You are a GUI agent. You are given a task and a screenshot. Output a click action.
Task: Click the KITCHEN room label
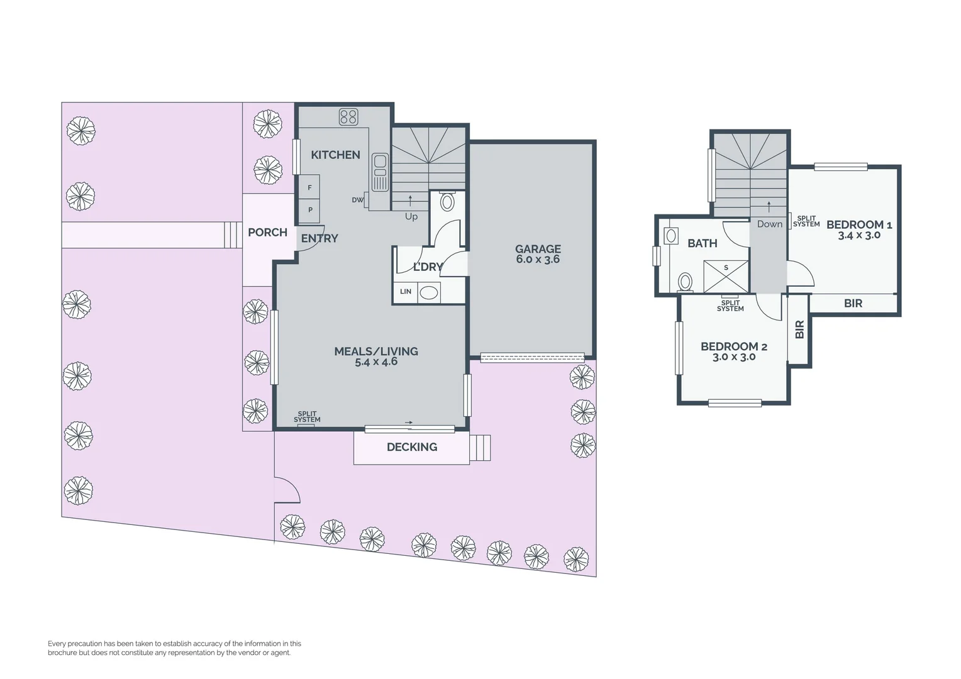coord(335,155)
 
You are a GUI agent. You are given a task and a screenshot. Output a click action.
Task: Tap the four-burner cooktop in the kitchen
coord(348,116)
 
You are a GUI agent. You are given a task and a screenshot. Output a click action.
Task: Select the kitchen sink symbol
coord(380,172)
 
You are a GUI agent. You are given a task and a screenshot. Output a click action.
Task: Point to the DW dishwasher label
coord(357,200)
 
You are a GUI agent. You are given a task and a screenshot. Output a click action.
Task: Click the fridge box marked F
coord(309,187)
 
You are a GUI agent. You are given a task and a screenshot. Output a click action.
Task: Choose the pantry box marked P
coord(309,210)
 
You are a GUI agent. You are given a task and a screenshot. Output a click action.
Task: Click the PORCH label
coord(267,232)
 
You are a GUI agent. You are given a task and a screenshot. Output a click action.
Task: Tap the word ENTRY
coord(319,238)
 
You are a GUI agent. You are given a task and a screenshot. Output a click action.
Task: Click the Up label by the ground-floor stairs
coord(411,216)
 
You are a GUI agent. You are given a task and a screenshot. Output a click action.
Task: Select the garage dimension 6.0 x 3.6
coord(538,259)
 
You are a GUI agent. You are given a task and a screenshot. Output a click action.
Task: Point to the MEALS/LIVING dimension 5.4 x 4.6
coord(376,362)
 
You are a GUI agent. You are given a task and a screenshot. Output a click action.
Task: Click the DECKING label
coord(411,447)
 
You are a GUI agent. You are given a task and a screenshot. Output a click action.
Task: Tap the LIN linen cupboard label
coord(406,292)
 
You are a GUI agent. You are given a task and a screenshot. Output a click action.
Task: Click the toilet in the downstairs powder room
coord(447,202)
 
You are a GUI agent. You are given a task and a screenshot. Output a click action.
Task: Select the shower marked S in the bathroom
coord(726,276)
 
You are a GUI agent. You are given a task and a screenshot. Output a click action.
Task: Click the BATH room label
coord(702,243)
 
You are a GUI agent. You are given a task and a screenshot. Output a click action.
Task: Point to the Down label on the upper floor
coord(769,224)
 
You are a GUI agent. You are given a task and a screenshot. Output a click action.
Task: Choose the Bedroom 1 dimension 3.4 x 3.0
coord(859,235)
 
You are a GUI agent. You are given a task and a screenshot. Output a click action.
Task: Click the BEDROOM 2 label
coord(733,346)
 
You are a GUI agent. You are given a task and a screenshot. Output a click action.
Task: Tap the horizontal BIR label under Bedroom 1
coord(853,304)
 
